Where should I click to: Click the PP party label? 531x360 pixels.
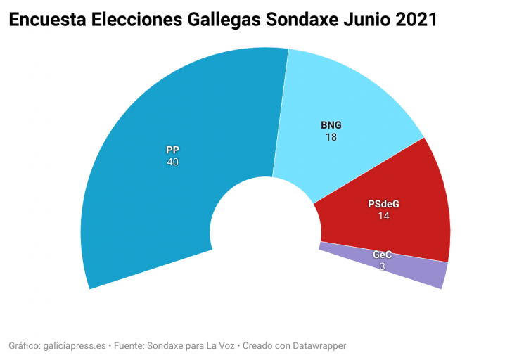tap(172, 150)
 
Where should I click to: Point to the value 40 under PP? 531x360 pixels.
tap(172, 162)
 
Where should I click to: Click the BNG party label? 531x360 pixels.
tap(331, 125)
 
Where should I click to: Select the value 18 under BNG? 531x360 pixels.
tap(331, 138)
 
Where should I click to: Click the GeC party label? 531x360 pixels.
tap(382, 255)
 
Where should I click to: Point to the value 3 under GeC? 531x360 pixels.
tap(382, 266)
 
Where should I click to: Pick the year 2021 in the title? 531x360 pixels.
tap(416, 20)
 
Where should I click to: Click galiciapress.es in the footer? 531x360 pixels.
tap(75, 346)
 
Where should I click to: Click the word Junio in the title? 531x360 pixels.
tap(366, 20)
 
